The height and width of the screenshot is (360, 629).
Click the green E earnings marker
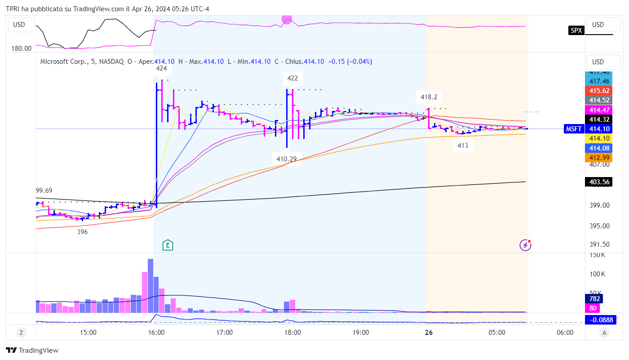(168, 245)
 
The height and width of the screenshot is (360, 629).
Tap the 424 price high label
(161, 69)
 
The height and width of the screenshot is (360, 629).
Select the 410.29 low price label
(287, 159)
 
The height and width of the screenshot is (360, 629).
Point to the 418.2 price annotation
(429, 97)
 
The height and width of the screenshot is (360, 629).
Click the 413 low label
(462, 146)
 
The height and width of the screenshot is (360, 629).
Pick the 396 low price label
(82, 232)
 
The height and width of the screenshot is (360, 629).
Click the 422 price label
(292, 78)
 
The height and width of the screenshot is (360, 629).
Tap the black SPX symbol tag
(576, 31)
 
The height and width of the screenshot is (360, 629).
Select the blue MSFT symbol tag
(574, 129)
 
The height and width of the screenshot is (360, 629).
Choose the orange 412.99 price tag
(599, 157)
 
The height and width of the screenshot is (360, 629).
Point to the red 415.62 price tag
(599, 90)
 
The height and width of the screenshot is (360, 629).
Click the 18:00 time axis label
(292, 333)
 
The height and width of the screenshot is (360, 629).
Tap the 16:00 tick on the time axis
(156, 333)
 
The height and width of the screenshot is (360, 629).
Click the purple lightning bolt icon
(525, 245)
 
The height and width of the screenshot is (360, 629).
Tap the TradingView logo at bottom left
(32, 351)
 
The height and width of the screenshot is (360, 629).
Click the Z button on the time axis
(21, 333)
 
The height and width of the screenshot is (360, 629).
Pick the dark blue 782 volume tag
(595, 299)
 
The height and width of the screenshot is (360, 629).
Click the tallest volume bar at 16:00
(151, 285)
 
